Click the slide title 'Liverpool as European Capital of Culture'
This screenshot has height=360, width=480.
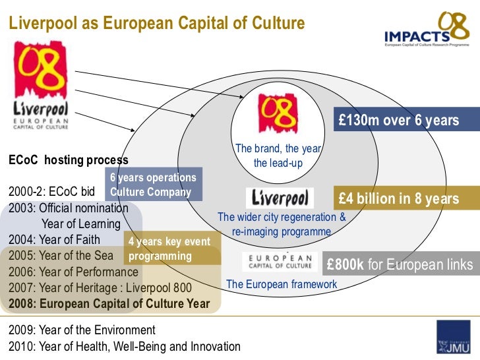coord(156,24)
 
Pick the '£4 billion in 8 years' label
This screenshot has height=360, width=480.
coord(398,198)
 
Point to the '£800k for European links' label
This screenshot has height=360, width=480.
coord(400,265)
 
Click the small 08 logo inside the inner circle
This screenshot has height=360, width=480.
coord(278,113)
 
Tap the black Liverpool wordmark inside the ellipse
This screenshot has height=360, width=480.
coord(280,198)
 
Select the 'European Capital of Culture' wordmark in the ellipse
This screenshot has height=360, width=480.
coord(280,261)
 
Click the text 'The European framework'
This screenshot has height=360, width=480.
coord(282,284)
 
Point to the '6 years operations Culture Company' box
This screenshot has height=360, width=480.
coord(154,185)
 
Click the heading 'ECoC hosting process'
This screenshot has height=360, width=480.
coord(68,160)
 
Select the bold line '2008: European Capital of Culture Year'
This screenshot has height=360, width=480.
coord(109,304)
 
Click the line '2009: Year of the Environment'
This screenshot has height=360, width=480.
coord(82,330)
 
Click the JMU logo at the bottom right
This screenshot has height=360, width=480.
coord(454,338)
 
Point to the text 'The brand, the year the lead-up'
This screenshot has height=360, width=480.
coord(278,156)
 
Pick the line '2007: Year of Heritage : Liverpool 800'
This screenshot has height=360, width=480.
coord(100,288)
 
